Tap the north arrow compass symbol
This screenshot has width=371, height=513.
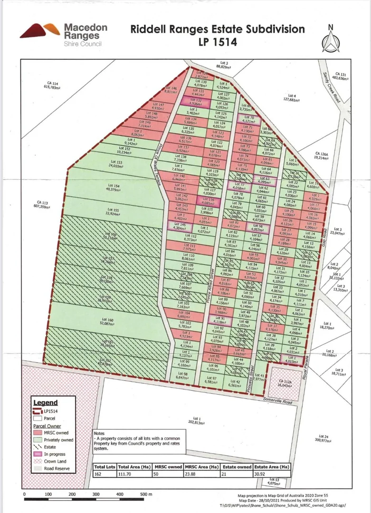[331, 38]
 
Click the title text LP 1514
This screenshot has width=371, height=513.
[218, 42]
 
